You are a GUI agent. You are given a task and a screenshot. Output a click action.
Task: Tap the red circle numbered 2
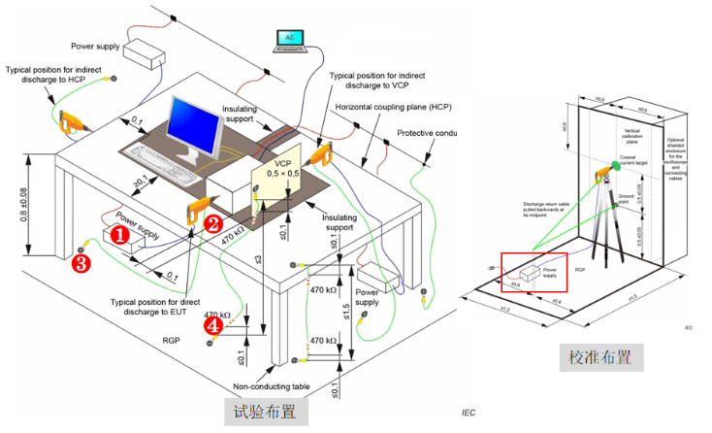213,222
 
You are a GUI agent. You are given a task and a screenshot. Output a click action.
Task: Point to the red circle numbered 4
213,327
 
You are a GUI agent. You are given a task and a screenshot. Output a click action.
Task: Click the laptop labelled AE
288,42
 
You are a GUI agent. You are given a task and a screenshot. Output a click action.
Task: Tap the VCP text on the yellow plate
283,164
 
